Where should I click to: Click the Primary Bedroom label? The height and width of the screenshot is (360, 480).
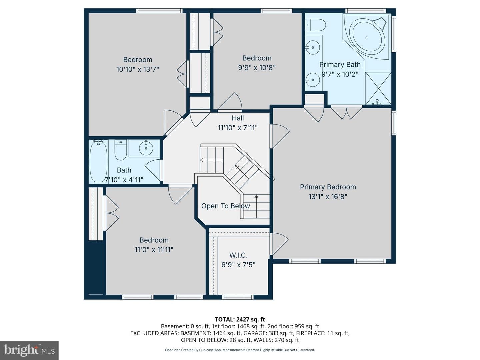tap(328, 187)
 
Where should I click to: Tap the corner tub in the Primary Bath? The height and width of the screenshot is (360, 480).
tap(367, 37)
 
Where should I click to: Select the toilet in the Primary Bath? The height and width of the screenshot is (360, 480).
tap(315, 25)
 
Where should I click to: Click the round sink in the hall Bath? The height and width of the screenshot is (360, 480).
tap(146, 148)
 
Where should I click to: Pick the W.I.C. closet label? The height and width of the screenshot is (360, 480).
tap(238, 255)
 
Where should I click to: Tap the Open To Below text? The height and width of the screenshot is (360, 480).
tap(225, 206)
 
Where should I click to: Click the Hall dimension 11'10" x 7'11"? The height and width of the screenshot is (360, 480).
tap(237, 128)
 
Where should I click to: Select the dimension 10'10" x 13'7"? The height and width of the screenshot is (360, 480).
tap(138, 69)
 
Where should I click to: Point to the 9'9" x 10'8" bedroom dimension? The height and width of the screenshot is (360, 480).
tap(257, 68)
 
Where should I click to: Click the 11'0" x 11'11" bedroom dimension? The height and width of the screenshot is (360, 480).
tap(154, 250)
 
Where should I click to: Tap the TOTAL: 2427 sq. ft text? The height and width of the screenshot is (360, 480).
tap(240, 319)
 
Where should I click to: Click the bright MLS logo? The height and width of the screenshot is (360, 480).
tap(29, 350)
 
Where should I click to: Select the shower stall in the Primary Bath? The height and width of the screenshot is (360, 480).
tap(378, 88)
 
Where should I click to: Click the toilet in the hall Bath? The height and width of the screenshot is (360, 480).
tap(120, 150)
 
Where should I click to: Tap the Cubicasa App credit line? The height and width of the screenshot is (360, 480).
tap(240, 350)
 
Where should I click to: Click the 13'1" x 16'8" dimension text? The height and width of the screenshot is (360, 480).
tap(328, 197)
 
